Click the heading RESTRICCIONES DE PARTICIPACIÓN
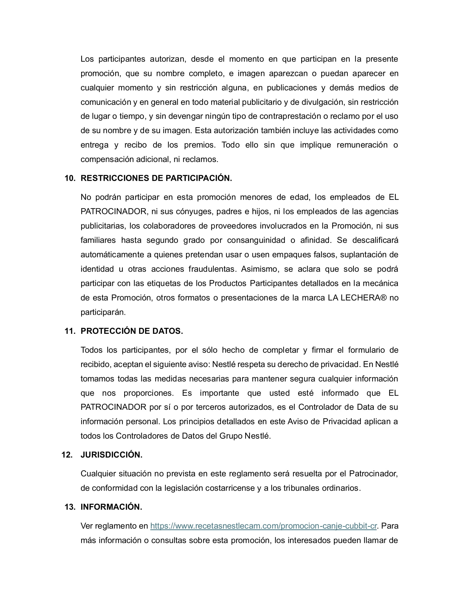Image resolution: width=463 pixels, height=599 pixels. click(x=156, y=178)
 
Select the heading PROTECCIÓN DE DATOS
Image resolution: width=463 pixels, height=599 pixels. click(x=132, y=331)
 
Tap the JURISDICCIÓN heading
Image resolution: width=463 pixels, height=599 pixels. click(x=111, y=455)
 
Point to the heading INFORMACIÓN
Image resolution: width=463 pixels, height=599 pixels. click(x=111, y=507)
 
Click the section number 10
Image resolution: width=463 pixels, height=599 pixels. click(x=70, y=178)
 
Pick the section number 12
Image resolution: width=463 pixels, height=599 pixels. click(x=67, y=455)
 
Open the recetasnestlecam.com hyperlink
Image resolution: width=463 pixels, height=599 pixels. click(x=263, y=526)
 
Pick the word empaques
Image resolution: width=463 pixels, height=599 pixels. click(x=297, y=255)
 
